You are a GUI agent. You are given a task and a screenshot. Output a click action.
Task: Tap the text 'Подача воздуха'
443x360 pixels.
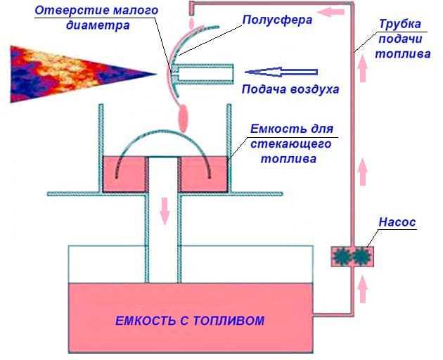(290, 89)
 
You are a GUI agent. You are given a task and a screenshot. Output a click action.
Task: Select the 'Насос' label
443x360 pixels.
(398, 222)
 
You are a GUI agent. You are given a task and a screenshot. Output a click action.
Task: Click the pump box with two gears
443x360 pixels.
(352, 256)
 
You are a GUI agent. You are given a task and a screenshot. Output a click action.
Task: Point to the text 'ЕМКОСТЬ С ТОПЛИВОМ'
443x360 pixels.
(190, 321)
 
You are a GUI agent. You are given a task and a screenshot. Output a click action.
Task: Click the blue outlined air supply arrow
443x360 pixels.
(281, 70)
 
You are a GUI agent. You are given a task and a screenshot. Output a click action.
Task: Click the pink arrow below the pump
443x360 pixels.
(363, 288)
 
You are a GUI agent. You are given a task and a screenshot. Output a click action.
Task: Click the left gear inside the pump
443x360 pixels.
(344, 256)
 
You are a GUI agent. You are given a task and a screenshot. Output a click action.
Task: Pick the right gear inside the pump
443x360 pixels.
(361, 256)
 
